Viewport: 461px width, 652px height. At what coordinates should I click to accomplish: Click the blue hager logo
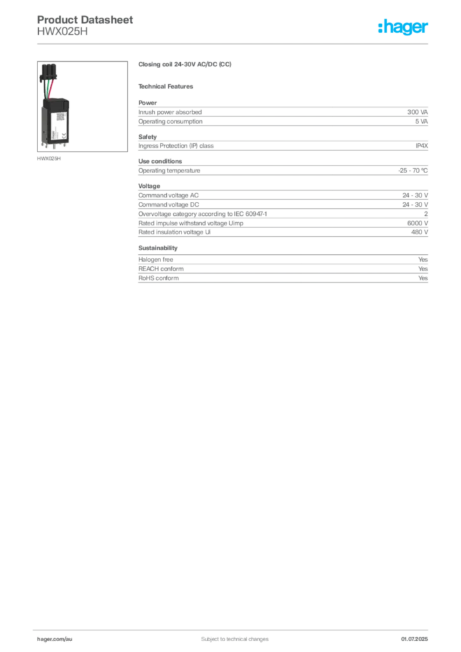404,27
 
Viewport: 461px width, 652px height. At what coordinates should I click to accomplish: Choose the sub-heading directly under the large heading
168,86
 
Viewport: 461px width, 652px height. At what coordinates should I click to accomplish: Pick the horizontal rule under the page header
234,43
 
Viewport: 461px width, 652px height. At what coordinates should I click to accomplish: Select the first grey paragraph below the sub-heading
283,114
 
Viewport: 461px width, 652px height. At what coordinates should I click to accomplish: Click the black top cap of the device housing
55,102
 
